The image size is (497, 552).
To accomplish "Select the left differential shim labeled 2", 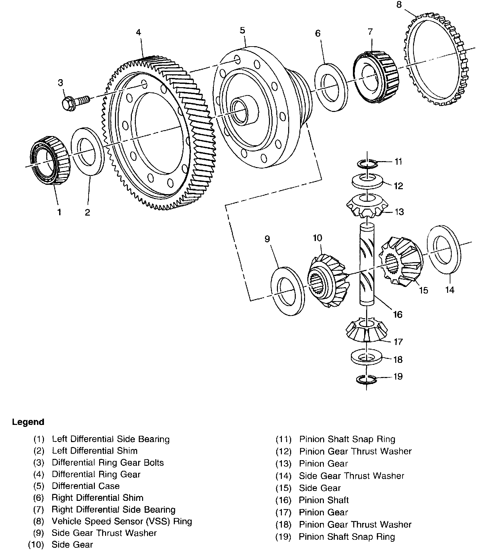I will pyautogui.click(x=88, y=151).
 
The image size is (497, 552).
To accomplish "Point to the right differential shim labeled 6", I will pyautogui.click(x=330, y=87).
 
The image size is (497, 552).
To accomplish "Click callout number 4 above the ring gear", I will pyautogui.click(x=138, y=32).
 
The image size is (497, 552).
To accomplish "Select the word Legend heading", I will pyautogui.click(x=28, y=422).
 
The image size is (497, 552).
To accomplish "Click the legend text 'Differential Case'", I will pyautogui.click(x=86, y=486).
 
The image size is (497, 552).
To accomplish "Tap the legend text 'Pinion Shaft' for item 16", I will pyautogui.click(x=324, y=500).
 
